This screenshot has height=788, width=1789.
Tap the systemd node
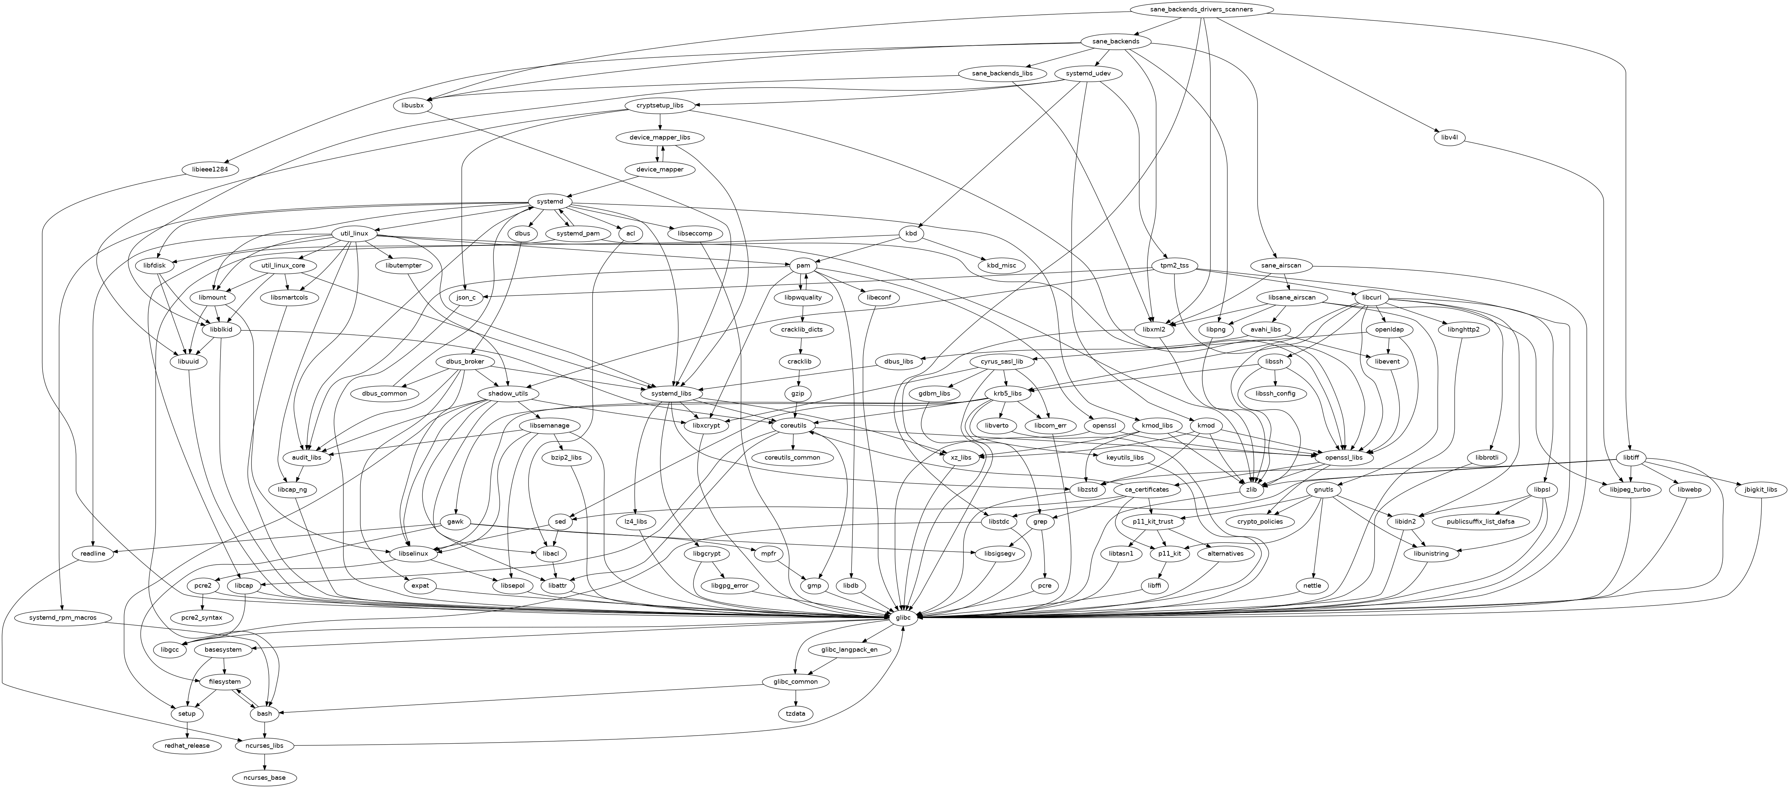[x=550, y=201]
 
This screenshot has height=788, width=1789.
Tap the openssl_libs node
[x=1344, y=458]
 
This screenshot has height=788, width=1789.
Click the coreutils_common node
[x=792, y=458]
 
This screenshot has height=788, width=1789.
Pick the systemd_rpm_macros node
[x=62, y=617]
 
